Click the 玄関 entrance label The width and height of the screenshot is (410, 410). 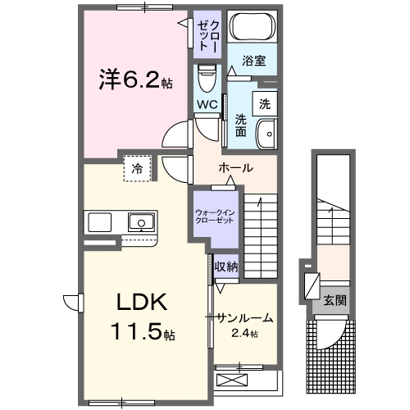[334, 300]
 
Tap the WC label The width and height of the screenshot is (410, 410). [206, 105]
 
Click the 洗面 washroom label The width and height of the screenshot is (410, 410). [241, 125]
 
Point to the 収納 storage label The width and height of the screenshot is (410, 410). [225, 266]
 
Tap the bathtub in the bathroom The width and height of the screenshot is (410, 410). [252, 27]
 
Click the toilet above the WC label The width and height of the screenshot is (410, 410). [206, 79]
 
